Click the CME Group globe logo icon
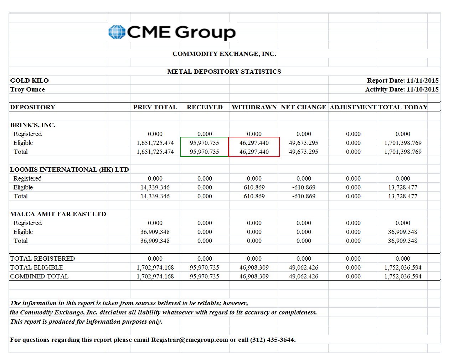[117, 32]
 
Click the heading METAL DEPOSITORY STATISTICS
[224, 72]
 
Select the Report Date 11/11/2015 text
[403, 80]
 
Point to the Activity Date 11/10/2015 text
[402, 89]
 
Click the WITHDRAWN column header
[254, 107]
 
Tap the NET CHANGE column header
[303, 107]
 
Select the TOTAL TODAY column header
[403, 107]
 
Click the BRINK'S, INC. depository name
[33, 125]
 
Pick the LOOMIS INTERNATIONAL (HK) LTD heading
[70, 169]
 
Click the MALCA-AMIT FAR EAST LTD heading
[58, 214]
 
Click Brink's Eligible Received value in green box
[205, 143]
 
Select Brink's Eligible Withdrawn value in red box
[254, 143]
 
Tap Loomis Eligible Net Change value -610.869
[304, 187]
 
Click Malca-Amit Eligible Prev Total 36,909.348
[155, 232]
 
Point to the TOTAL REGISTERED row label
[42, 259]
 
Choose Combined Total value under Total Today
[403, 276]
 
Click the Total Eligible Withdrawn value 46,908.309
[254, 267]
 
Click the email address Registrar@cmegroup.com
[189, 340]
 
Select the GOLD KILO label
[29, 80]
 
